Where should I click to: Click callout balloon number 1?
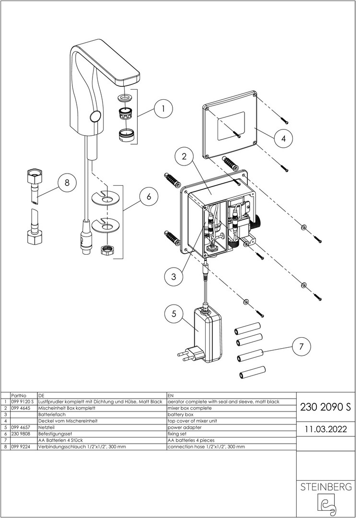point(163,108)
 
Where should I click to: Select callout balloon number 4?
point(283,138)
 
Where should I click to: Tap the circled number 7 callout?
point(301,347)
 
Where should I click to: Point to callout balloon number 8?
point(67,182)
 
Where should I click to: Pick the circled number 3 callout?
point(174,276)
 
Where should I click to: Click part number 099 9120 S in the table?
point(23,402)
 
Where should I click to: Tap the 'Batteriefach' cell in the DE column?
point(52,414)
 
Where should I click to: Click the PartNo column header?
point(19,395)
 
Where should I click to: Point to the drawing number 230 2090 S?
point(325,407)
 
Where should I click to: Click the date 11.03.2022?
point(325,429)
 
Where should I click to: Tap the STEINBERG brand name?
point(325,487)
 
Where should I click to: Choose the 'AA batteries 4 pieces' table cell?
point(191,440)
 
